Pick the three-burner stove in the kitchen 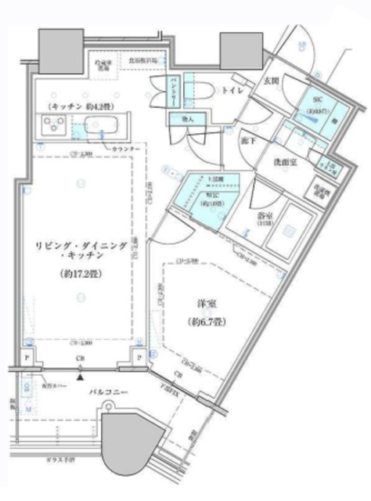(54, 124)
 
